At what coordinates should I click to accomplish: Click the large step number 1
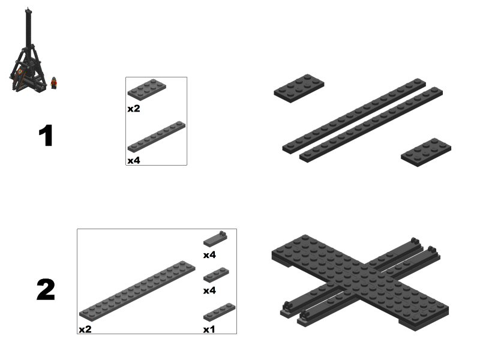(46, 136)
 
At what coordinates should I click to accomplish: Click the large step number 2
(46, 289)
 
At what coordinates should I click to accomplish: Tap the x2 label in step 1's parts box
(134, 109)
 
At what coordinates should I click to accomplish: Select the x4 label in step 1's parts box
(134, 160)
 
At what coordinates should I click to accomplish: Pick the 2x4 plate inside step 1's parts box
(147, 89)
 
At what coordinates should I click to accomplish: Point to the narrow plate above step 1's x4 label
(157, 137)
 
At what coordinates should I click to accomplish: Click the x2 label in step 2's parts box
(85, 329)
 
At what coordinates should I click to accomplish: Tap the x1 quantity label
(209, 329)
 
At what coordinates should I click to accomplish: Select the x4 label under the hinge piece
(209, 255)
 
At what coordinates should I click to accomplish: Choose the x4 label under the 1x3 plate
(209, 290)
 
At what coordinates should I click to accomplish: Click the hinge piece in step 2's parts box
(215, 239)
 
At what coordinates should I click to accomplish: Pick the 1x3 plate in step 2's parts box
(216, 275)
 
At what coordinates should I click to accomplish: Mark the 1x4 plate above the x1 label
(219, 312)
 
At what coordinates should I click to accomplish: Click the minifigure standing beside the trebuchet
(54, 83)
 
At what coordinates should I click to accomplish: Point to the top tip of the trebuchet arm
(28, 7)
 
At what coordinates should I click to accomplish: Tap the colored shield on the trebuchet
(20, 72)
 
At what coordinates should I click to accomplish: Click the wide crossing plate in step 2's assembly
(360, 282)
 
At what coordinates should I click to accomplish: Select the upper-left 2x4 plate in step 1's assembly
(299, 88)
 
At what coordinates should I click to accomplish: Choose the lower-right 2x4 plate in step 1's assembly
(426, 152)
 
